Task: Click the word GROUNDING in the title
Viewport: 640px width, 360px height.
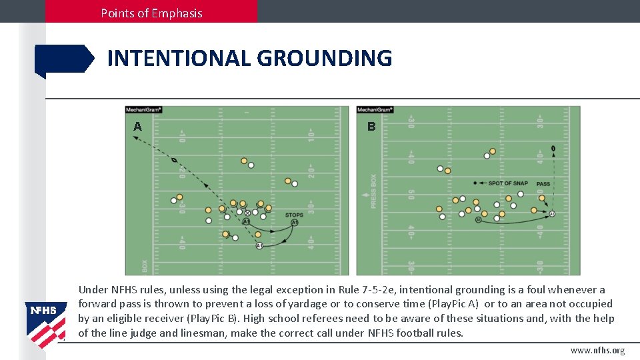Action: click(x=324, y=59)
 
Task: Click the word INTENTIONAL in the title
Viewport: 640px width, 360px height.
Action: click(x=179, y=59)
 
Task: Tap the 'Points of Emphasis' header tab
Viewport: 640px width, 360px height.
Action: click(x=151, y=13)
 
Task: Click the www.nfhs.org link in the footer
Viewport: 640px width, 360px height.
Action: click(x=597, y=351)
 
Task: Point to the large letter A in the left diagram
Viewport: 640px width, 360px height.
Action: click(x=137, y=126)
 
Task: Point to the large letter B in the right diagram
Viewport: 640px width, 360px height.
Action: click(x=371, y=126)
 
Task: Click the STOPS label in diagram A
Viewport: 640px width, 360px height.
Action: click(x=294, y=215)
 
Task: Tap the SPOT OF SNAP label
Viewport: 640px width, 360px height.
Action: click(x=508, y=183)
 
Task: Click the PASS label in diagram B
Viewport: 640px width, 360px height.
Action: click(x=543, y=183)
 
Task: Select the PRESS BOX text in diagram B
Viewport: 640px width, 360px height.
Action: click(x=373, y=191)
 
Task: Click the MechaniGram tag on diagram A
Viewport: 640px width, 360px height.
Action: click(x=144, y=110)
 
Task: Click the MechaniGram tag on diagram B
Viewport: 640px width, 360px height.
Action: click(x=375, y=110)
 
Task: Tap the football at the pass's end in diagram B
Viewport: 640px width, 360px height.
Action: click(x=553, y=148)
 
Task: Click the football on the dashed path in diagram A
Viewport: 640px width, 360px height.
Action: click(x=174, y=161)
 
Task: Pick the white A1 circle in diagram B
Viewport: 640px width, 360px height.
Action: click(x=478, y=219)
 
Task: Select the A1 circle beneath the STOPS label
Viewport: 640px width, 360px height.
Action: click(x=294, y=223)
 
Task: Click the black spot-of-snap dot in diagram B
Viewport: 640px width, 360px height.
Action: click(x=475, y=183)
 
